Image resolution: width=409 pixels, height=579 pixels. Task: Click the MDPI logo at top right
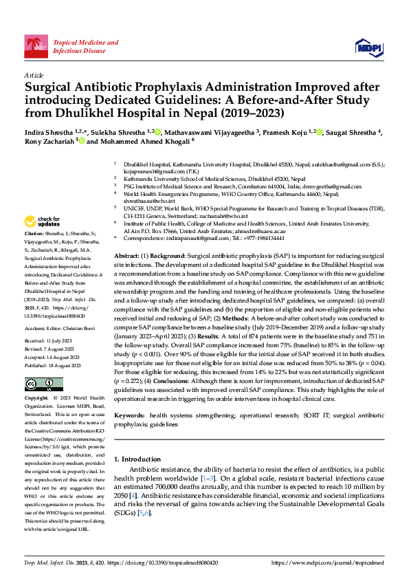(368, 46)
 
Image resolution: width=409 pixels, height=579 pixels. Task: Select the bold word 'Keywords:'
(130, 416)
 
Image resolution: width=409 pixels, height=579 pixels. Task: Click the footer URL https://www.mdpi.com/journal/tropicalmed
(327, 562)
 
